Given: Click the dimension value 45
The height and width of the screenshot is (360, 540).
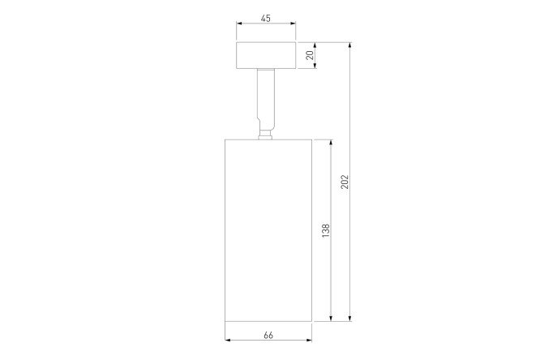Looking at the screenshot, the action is tap(265, 19).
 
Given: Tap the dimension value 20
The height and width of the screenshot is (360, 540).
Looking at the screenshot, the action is tap(310, 55).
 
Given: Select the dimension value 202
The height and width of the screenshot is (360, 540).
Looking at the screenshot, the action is tap(345, 182).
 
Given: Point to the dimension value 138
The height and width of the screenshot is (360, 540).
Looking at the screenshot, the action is tap(325, 230).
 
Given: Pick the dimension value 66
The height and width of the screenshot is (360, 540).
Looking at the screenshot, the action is tap(268, 335).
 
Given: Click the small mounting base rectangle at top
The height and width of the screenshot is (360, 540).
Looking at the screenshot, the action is tap(266, 55).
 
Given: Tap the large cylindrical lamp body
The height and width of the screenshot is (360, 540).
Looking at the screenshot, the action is tap(268, 230).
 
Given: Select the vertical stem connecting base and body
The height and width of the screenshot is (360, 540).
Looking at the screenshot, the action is tap(266, 99).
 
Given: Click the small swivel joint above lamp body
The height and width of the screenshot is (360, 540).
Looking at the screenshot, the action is tap(265, 135).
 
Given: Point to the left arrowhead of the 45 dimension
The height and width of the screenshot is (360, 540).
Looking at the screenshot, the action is tap(239, 24).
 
